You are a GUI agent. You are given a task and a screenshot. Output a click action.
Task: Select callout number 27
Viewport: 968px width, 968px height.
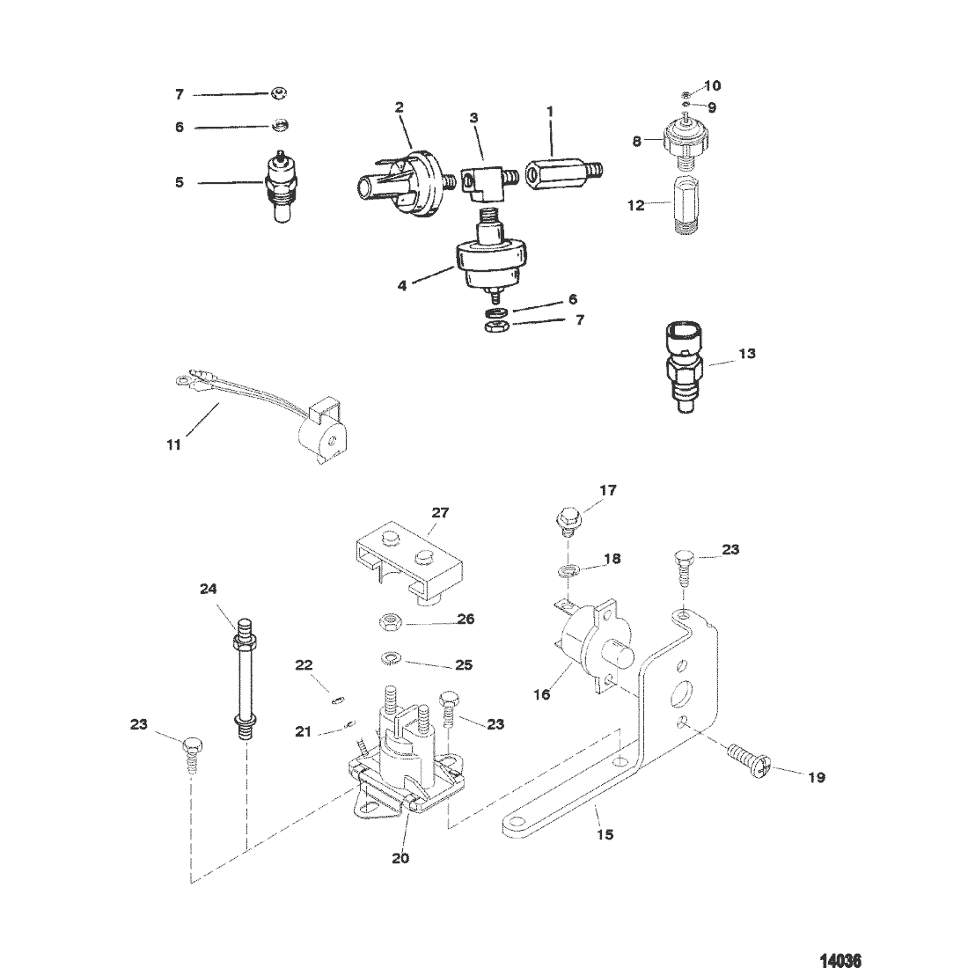coord(441,512)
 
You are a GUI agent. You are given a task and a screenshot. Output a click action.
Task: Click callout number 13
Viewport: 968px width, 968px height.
coord(747,353)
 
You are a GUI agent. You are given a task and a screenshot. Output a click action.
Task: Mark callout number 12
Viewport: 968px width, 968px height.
coord(636,206)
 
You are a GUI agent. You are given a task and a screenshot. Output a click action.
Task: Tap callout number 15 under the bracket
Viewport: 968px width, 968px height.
coord(605,834)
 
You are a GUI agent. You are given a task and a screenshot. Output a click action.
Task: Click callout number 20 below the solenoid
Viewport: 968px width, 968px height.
coord(400,858)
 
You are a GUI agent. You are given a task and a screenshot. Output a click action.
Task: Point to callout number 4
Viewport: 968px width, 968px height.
coord(402,286)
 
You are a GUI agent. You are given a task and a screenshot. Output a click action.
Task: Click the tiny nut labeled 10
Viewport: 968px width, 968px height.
coord(686,94)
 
